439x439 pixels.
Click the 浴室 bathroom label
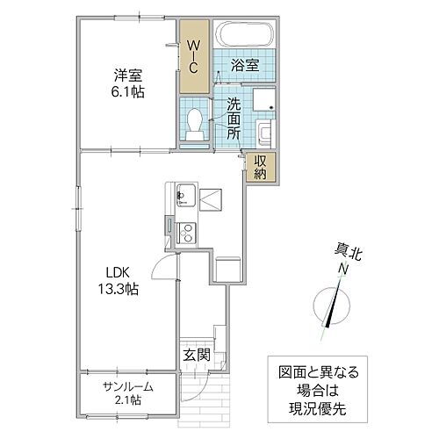click(x=243, y=65)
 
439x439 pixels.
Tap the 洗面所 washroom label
click(x=234, y=120)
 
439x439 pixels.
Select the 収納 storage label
click(x=262, y=166)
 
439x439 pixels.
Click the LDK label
click(x=118, y=270)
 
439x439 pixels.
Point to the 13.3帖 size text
click(x=118, y=287)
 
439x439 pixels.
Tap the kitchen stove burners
click(x=186, y=233)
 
